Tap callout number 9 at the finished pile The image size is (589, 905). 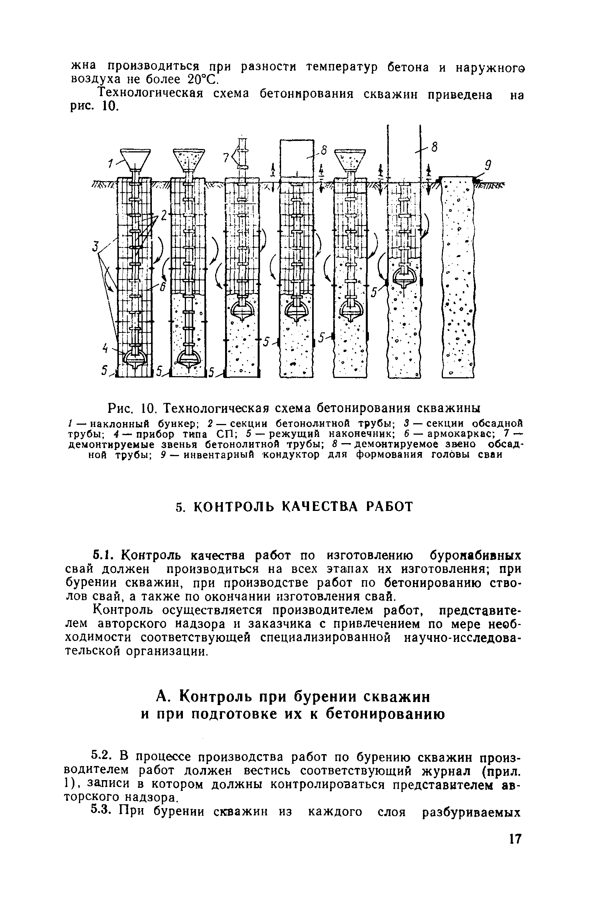488,166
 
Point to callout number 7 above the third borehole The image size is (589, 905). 227,157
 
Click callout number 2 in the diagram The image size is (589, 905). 164,216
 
